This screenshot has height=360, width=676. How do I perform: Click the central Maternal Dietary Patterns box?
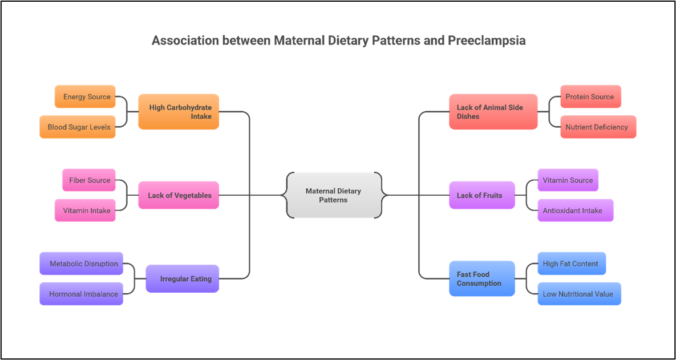coord(334,195)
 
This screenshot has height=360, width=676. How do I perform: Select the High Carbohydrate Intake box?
coord(179,112)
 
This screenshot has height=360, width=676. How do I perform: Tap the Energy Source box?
coord(86,96)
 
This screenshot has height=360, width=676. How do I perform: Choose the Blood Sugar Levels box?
coord(78,127)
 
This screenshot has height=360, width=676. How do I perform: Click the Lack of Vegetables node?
coord(179,195)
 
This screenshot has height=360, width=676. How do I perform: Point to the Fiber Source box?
coord(89,180)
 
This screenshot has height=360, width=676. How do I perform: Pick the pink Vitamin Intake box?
coord(86,211)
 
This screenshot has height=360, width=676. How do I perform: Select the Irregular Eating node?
coord(183,279)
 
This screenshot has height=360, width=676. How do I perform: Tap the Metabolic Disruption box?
coord(82,264)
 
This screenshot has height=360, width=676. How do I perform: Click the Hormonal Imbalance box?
coord(82,294)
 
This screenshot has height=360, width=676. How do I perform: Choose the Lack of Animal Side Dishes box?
coord(493,112)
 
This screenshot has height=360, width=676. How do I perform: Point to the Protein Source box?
coord(590,96)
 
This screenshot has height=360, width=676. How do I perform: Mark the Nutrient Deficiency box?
coord(598,127)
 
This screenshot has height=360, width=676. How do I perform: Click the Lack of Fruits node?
coord(482,195)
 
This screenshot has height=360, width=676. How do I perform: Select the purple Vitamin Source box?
coord(568,180)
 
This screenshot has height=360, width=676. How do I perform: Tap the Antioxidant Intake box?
coord(575,211)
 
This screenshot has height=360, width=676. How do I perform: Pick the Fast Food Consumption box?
coord(482,279)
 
